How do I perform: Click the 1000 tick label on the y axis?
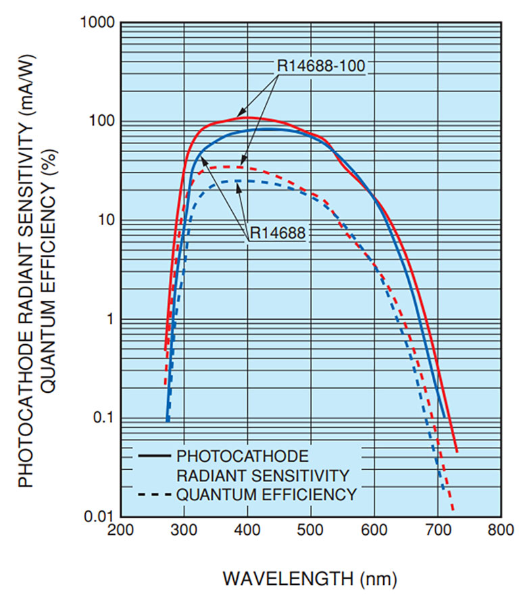pyautogui.click(x=97, y=23)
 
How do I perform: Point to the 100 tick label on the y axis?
pyautogui.click(x=101, y=122)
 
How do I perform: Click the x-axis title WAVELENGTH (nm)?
pyautogui.click(x=310, y=579)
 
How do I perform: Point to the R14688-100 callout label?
pyautogui.click(x=321, y=66)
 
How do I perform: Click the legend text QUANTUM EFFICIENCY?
pyautogui.click(x=266, y=495)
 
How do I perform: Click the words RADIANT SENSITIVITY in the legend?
pyautogui.click(x=262, y=475)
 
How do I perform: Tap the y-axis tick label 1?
pyautogui.click(x=109, y=319)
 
